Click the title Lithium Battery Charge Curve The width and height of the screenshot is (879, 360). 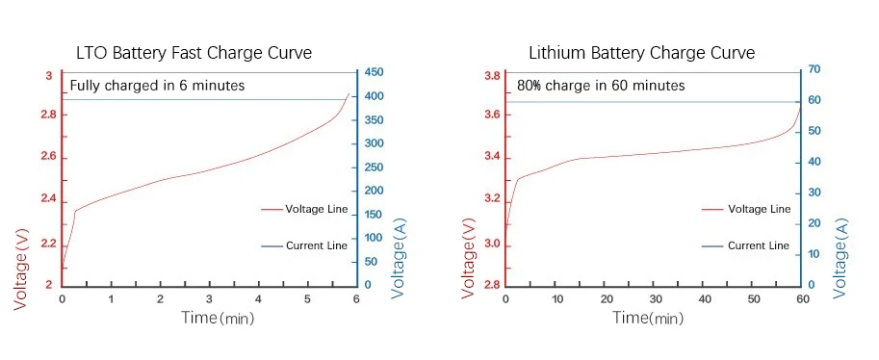[x=641, y=52]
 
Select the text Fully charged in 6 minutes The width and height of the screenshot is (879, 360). [x=157, y=86]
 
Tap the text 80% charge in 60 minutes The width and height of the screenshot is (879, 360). [x=601, y=86]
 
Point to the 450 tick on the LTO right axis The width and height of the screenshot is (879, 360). [x=374, y=73]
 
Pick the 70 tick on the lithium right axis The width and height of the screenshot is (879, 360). [x=814, y=70]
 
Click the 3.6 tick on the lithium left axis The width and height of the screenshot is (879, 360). [x=491, y=116]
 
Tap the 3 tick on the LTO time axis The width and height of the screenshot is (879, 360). [x=209, y=299]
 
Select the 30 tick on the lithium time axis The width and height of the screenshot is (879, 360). [x=654, y=299]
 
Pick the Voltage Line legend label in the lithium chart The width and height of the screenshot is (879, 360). [x=759, y=209]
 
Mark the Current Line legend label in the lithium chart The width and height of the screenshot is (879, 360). [x=759, y=246]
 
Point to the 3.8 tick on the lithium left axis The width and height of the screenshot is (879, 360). [x=491, y=76]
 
